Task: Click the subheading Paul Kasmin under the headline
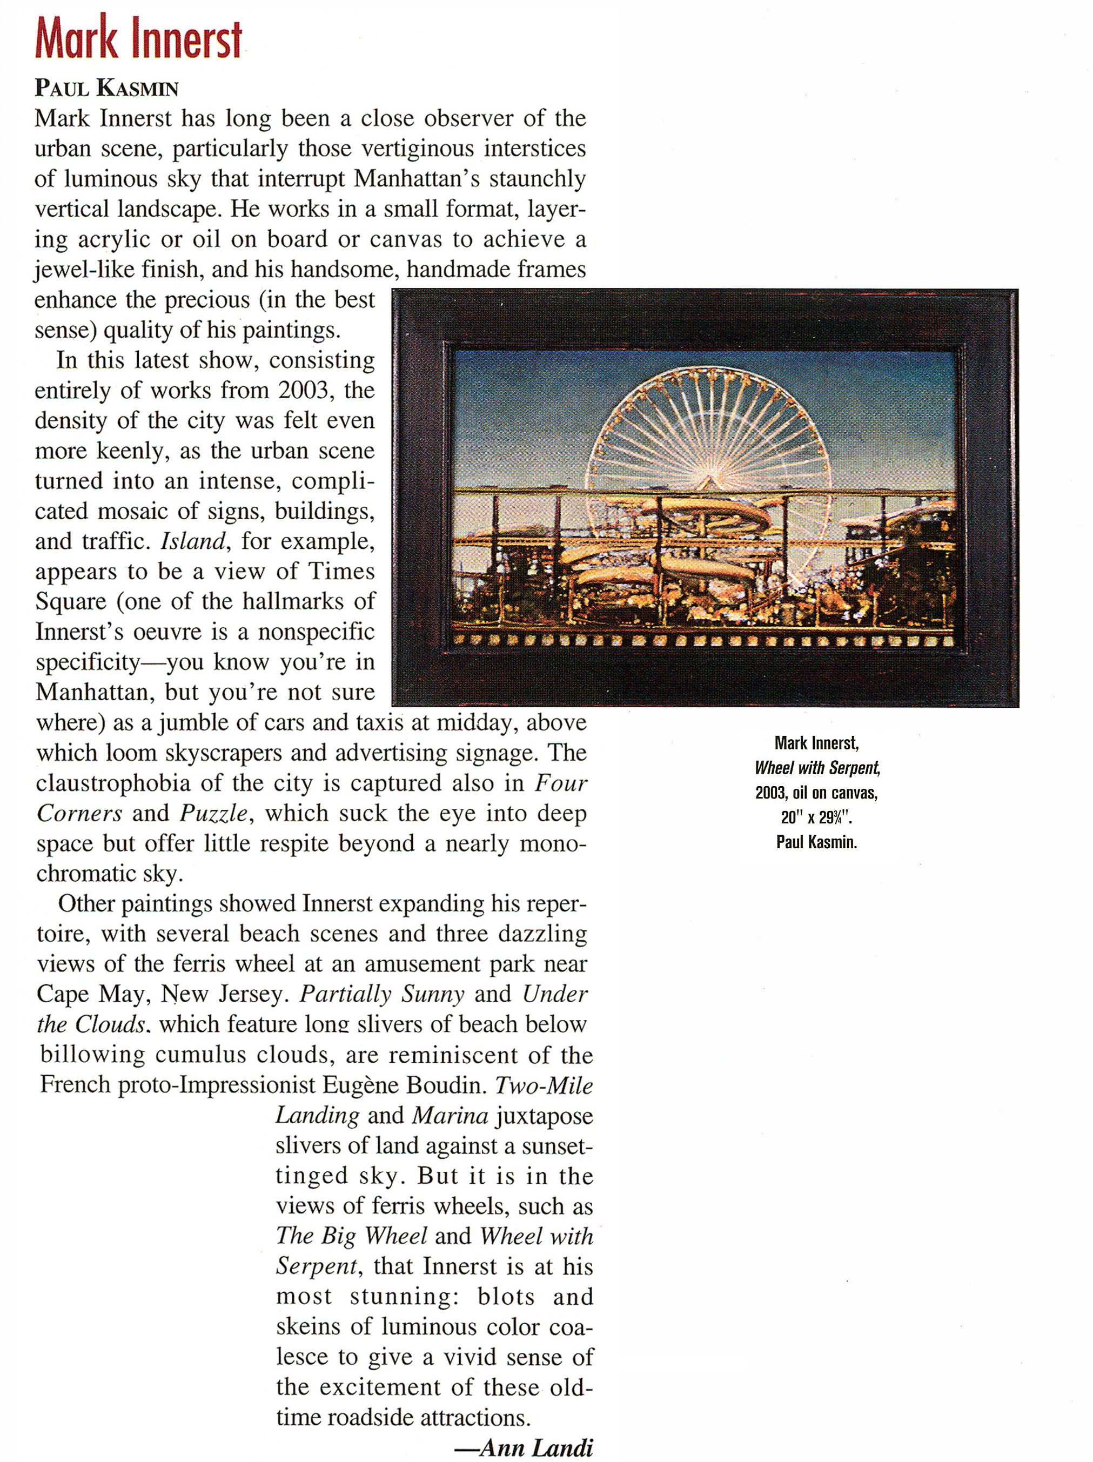point(106,88)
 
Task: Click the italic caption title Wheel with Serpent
point(817,768)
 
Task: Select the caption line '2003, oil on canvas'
point(817,793)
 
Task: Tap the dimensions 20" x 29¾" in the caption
point(817,817)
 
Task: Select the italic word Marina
point(450,1116)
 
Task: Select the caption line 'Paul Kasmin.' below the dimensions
point(817,843)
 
